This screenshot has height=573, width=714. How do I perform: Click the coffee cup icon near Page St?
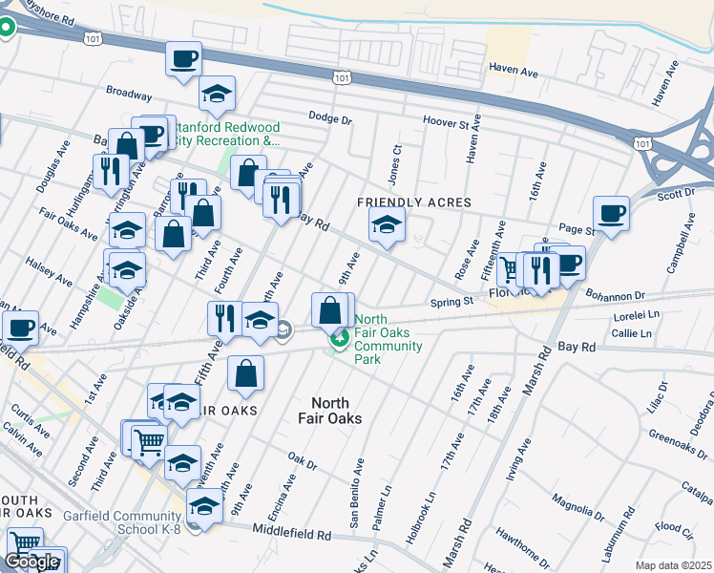pos(611,213)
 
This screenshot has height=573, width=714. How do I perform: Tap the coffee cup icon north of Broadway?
pos(183,58)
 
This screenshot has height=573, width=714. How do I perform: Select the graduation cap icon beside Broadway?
pos(218,95)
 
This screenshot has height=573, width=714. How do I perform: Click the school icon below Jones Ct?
pos(387,225)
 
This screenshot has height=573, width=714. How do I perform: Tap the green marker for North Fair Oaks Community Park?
pos(338,339)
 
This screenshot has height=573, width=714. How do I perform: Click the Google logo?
pos(31,562)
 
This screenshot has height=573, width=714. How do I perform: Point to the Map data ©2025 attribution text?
pos(673,565)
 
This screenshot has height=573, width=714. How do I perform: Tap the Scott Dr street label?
pos(676,194)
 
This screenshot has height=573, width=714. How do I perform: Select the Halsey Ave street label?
pos(49,271)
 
